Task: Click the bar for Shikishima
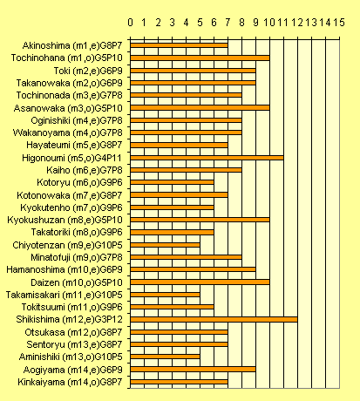coord(214,319)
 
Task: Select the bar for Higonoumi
coord(207,158)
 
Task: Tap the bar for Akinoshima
coord(179,45)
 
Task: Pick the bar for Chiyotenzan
coord(165,245)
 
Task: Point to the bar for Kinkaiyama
coord(179,382)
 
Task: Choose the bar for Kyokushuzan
coord(200,220)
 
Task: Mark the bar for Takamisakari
coord(165,295)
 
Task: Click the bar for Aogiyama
coord(193,369)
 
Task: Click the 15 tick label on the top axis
coord(339,23)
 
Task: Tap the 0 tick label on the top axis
coord(130,23)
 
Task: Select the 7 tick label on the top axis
coord(228,23)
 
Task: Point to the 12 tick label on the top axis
coord(297,23)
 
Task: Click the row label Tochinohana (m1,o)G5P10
coord(67,58)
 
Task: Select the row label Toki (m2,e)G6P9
coord(88,71)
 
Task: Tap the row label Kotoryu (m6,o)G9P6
coord(79,182)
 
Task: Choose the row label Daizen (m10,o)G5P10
coord(77,282)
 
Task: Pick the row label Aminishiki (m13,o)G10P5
coord(71,357)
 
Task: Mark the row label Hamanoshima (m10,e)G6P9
coord(65,269)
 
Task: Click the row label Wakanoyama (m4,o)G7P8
coord(68,133)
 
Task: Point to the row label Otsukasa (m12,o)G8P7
coord(73,332)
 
